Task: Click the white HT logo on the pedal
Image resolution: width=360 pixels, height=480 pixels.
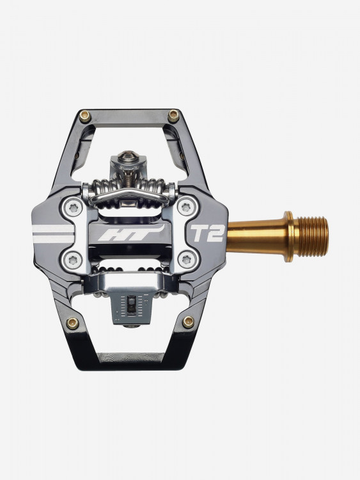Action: pyautogui.click(x=131, y=234)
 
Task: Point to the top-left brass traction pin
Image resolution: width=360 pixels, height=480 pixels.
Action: pyautogui.click(x=84, y=116)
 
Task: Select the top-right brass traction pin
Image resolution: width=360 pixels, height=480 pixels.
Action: pyautogui.click(x=173, y=115)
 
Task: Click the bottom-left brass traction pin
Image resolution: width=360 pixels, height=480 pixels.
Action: pyautogui.click(x=72, y=323)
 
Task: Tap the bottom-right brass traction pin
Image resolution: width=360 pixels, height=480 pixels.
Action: pyautogui.click(x=188, y=321)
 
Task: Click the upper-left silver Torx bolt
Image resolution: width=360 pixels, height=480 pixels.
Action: pyautogui.click(x=74, y=209)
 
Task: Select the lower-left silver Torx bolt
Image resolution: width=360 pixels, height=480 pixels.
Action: pyautogui.click(x=74, y=260)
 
